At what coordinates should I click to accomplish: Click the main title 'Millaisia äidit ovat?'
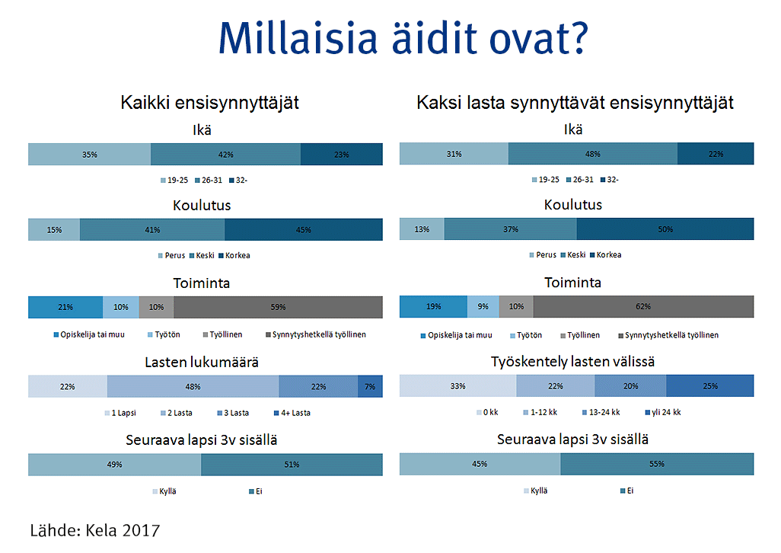tap(403, 38)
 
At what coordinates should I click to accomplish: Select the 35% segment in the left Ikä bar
tap(90, 155)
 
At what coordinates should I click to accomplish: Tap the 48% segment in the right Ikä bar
tap(593, 154)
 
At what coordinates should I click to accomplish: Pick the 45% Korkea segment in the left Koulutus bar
tap(303, 230)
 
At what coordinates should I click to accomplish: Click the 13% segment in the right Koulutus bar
tap(422, 229)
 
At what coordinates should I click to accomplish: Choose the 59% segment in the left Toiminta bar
tap(278, 308)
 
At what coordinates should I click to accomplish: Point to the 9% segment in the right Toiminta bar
tap(483, 307)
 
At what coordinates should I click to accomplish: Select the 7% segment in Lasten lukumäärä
tap(370, 387)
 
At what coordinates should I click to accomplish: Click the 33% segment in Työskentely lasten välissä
tap(457, 386)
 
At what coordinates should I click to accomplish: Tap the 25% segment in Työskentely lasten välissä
tap(709, 386)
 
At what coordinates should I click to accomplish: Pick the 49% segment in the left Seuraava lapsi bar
tap(114, 465)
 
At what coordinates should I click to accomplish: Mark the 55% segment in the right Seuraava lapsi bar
tap(657, 465)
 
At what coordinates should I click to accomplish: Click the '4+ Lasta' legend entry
tap(292, 413)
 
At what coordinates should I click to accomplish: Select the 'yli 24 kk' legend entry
tap(663, 413)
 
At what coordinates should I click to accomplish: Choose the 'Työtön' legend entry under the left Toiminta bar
tap(164, 335)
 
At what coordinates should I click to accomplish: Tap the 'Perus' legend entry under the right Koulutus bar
tap(543, 255)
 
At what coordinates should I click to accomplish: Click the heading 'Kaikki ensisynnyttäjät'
tap(209, 103)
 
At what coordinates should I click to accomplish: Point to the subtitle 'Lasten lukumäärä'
tap(202, 362)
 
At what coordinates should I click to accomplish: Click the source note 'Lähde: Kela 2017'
tap(95, 531)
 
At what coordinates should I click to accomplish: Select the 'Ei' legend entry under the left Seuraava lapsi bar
tap(256, 492)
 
